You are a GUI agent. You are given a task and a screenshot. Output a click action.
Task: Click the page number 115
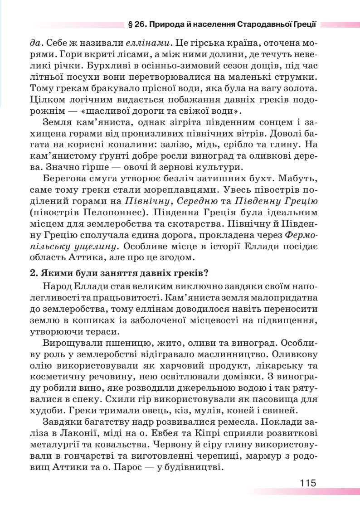point(307,482)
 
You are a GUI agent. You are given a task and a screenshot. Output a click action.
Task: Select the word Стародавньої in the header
point(262,24)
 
